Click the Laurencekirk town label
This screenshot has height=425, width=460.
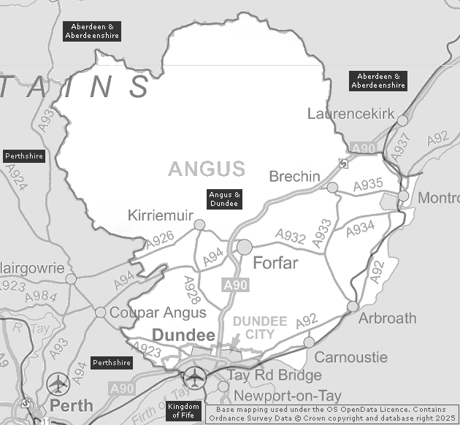tap(351, 114)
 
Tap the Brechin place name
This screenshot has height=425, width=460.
tap(294, 177)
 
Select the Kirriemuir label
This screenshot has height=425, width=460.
tap(160, 215)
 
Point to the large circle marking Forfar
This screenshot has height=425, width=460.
tap(244, 247)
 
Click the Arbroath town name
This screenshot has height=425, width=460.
tap(387, 318)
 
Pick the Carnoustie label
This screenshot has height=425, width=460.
tap(350, 357)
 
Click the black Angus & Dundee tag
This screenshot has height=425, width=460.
tap(225, 199)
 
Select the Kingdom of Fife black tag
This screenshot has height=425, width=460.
tap(183, 411)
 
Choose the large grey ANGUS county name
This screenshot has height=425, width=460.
tap(207, 169)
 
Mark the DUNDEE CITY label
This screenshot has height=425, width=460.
tap(259, 328)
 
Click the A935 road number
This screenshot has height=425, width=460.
tap(368, 185)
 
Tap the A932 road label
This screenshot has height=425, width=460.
tap(290, 236)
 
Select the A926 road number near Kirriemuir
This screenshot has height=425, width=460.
tap(159, 237)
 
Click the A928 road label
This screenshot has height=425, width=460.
tap(192, 290)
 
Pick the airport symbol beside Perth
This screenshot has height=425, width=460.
tap(57, 383)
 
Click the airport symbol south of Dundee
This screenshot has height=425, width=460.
tap(194, 378)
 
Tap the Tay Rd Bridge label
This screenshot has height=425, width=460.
tap(274, 375)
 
